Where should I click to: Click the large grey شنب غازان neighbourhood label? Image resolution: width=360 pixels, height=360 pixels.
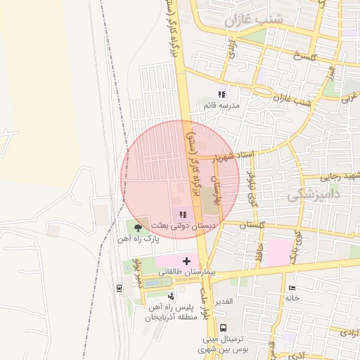(x=253, y=20)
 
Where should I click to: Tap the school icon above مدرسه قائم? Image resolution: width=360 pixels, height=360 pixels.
(x=221, y=94)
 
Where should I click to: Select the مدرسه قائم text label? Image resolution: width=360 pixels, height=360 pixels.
(x=221, y=105)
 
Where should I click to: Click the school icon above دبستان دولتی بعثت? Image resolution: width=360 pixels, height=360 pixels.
(x=183, y=214)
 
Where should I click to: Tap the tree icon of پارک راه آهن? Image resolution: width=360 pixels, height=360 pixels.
(x=138, y=228)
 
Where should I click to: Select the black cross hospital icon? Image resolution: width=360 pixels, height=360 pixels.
(x=186, y=261)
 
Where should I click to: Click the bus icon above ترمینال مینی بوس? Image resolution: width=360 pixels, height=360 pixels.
(x=223, y=328)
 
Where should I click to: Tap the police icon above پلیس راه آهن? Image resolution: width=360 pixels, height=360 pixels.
(x=172, y=297)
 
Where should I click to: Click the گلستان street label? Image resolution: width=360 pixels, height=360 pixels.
(x=255, y=225)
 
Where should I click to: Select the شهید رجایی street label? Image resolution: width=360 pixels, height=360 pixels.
(x=340, y=175)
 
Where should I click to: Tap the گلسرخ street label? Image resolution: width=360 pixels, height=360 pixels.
(x=308, y=55)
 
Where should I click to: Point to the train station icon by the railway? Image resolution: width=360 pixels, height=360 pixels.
(x=119, y=287)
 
